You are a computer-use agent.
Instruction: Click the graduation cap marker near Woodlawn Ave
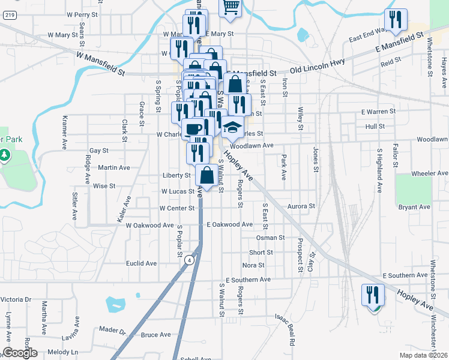232,127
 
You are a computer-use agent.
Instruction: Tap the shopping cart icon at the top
231,7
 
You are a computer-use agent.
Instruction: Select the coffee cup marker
192,128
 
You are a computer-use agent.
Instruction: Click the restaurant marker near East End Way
396,19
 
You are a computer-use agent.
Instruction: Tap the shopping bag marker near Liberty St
207,175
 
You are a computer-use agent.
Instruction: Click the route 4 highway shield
189,260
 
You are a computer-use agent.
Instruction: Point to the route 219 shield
8,16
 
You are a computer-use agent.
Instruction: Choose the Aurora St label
301,206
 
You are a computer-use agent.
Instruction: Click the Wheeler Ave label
430,173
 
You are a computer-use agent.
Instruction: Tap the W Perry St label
82,13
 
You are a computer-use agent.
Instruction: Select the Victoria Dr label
16,299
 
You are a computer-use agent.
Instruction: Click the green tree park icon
5,156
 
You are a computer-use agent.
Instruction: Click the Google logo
20,353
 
